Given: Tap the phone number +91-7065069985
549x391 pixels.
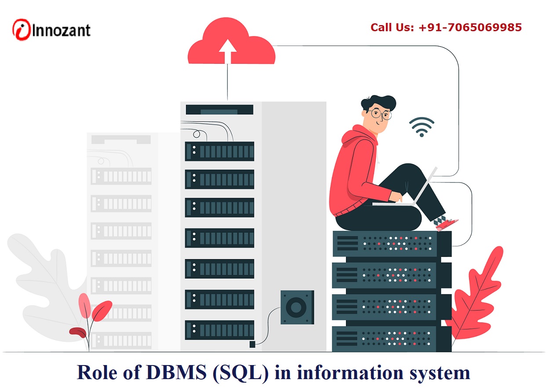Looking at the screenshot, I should [x=470, y=28].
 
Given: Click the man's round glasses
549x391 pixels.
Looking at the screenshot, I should [x=380, y=114].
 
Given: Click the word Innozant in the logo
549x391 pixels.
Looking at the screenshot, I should [x=62, y=30].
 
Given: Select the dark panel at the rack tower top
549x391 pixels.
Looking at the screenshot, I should [x=219, y=110].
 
